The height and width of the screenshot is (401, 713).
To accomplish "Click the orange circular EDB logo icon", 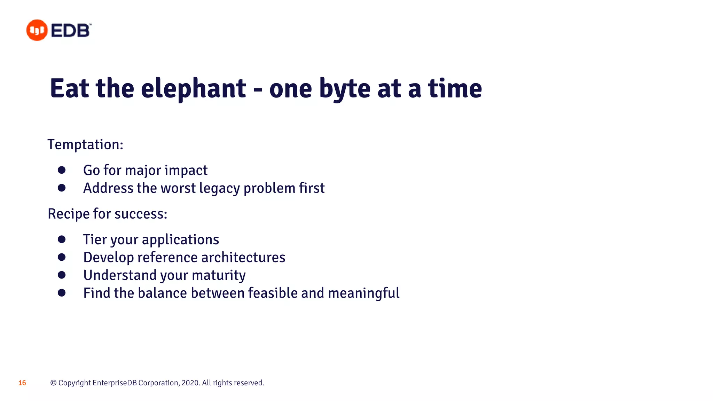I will [x=37, y=30].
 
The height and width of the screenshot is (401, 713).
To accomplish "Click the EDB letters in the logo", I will [x=71, y=31].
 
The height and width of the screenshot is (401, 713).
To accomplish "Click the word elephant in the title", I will [x=194, y=89].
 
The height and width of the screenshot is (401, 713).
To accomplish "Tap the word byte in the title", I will [x=345, y=89].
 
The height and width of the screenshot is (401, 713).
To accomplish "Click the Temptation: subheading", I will [x=85, y=144].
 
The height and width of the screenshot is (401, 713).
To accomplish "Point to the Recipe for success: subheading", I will [x=107, y=214].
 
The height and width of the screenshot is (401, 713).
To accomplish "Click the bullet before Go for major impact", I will [x=62, y=170].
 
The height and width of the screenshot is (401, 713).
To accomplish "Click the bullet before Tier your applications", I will [x=62, y=239].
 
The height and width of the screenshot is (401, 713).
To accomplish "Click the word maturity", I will [x=219, y=275].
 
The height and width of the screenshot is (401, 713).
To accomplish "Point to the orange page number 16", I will [x=22, y=383].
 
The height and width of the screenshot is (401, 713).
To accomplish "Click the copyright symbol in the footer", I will [x=53, y=383].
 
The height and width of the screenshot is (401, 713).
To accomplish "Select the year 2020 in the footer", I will [x=190, y=383].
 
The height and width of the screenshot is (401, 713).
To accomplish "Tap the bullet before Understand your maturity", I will [x=62, y=275].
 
